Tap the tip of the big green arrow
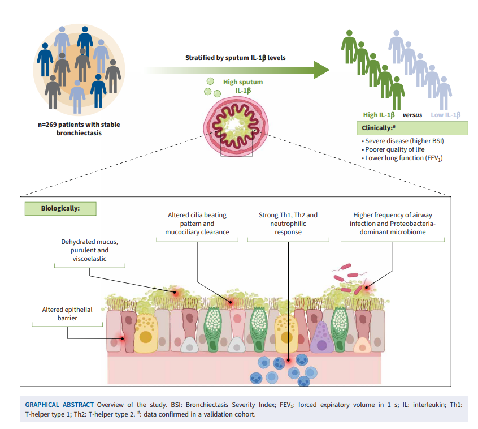coord(328,70)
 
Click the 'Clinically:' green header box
coord(412,128)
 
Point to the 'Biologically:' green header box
coord(60,208)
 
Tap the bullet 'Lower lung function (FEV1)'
coord(402,158)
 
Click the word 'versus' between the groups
coord(412,115)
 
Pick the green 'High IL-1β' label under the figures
coord(378,115)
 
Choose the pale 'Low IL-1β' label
coord(445,115)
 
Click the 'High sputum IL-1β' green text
coord(243,86)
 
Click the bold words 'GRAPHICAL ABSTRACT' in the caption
coord(59,405)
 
